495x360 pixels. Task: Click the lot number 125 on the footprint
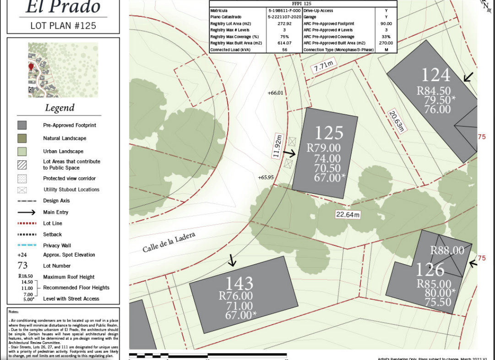pos(329,133)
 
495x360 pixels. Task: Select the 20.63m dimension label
pos(397,121)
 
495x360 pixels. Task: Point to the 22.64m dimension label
pos(348,215)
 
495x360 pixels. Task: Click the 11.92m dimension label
pos(277,146)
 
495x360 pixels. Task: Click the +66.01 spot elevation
pos(275,93)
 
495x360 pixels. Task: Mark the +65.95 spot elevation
pos(266,177)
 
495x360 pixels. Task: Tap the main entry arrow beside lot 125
pos(290,154)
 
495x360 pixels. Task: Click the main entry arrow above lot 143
pos(232,261)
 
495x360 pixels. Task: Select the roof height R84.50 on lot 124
pos(433,91)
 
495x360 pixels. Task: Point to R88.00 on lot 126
pos(447,251)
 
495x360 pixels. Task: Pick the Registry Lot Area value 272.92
pos(284,23)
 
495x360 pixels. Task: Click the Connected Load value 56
pos(284,49)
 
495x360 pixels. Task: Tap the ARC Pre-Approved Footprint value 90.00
pos(386,23)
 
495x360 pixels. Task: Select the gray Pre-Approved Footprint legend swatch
pos(22,125)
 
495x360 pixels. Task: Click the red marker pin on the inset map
pos(31,67)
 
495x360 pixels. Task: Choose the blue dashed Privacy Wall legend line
pos(27,245)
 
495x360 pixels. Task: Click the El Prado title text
pos(63,7)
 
